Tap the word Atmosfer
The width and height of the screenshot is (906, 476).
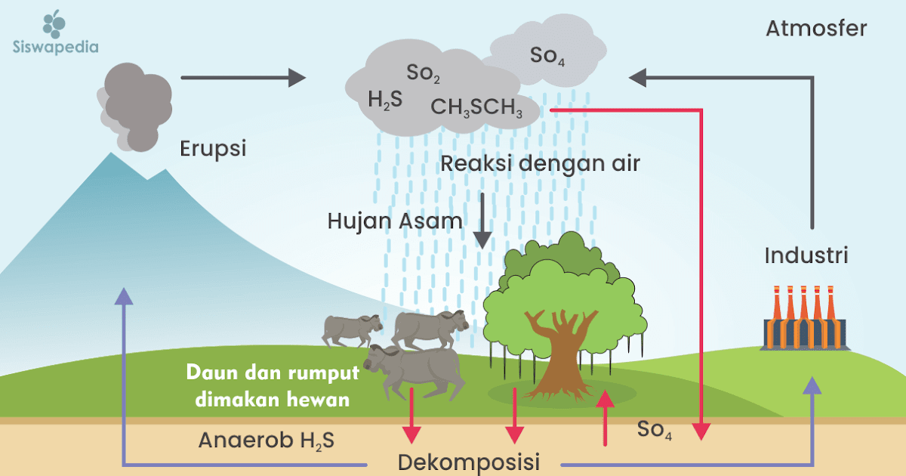pos(816,29)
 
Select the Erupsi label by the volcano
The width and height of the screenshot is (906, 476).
pos(214,148)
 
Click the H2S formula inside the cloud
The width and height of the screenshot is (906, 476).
pos(385,99)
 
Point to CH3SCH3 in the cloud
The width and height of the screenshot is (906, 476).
pos(477,108)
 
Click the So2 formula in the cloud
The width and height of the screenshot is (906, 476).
pos(424,74)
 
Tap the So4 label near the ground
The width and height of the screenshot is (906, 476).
pos(655,430)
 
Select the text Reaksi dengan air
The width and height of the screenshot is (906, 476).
pos(541,163)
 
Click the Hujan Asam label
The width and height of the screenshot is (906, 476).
pos(395,221)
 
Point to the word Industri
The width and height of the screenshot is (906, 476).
pos(806,255)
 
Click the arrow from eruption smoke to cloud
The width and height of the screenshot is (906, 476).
pos(243,77)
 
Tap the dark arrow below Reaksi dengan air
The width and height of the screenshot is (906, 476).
pos(482,220)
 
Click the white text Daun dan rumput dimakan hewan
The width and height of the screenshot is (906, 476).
pos(273,385)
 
